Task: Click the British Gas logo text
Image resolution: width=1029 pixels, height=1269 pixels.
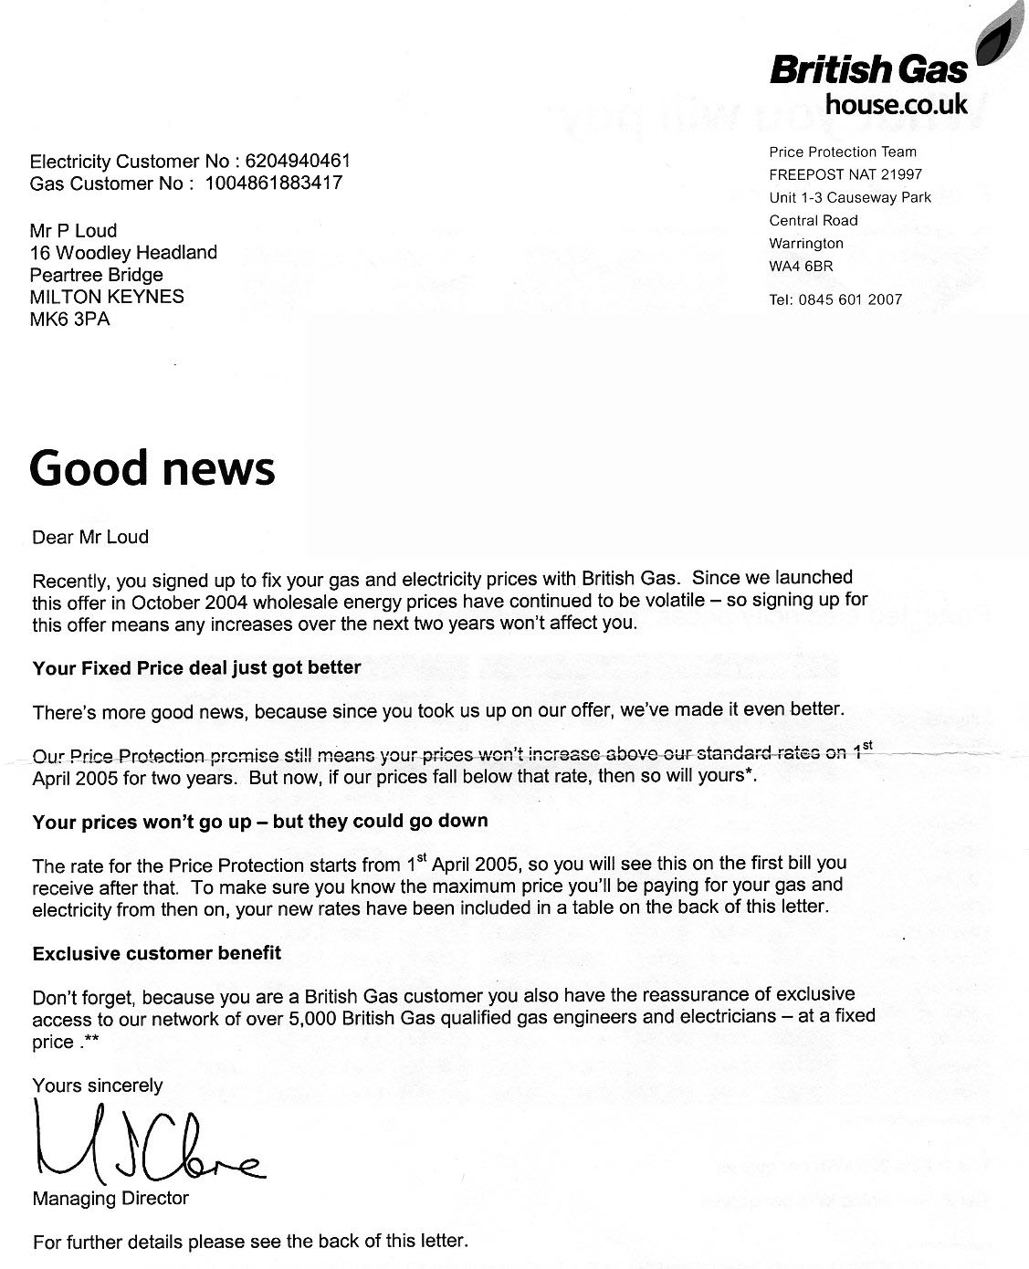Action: (x=867, y=69)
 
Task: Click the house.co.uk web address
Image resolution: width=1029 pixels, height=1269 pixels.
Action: (x=895, y=105)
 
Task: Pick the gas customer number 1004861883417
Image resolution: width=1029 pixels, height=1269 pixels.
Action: (x=273, y=183)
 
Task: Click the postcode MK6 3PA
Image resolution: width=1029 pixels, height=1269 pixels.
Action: (x=69, y=319)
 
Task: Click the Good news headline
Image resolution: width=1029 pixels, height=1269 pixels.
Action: (x=152, y=468)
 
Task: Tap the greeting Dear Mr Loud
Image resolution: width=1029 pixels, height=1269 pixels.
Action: (x=90, y=537)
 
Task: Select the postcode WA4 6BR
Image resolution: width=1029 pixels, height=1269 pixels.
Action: (x=801, y=267)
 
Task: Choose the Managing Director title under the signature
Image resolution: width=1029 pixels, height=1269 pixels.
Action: (x=110, y=1199)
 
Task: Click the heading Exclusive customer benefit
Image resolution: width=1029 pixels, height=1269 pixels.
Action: (x=157, y=953)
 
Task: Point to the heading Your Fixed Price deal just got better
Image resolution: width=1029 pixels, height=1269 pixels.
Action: (x=196, y=667)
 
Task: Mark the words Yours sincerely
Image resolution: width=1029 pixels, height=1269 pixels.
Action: (x=98, y=1085)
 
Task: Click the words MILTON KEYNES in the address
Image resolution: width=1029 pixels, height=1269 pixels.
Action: (x=107, y=297)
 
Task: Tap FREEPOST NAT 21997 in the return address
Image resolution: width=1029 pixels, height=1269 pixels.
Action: (x=845, y=174)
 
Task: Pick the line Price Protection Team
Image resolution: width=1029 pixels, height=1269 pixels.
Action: (x=843, y=152)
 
